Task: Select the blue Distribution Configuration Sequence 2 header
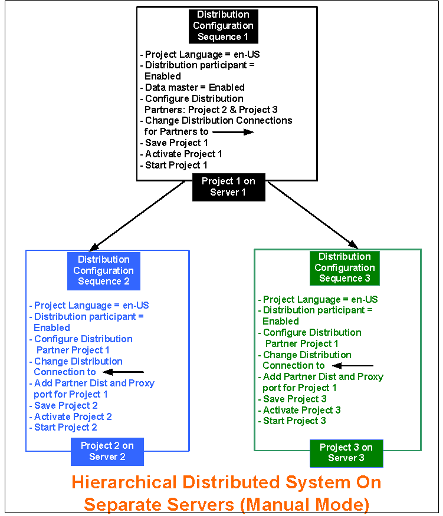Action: [103, 270]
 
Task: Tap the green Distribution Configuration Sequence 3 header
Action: [344, 267]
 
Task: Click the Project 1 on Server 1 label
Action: [228, 187]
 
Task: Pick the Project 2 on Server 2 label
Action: [107, 451]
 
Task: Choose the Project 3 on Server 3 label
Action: [346, 452]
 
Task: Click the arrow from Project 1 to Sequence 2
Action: [137, 215]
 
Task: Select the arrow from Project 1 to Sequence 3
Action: [313, 215]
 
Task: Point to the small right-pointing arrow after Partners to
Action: [233, 132]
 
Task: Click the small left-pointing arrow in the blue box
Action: [123, 372]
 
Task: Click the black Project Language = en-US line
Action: [199, 54]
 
